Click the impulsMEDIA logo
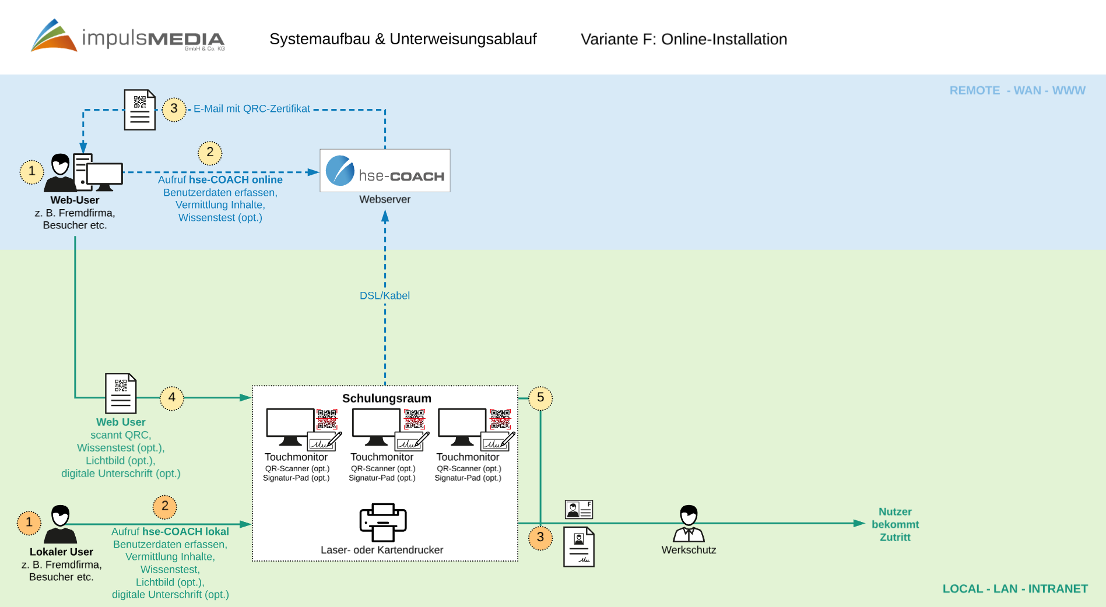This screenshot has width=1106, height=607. point(128,36)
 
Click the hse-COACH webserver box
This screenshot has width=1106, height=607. point(385,171)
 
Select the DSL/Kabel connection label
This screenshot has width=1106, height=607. point(385,296)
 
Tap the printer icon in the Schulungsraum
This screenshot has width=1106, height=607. point(383,522)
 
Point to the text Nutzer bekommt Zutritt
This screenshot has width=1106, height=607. point(895,524)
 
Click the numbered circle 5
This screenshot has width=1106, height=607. point(540,398)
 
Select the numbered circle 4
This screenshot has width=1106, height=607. point(171,398)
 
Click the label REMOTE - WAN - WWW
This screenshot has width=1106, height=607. point(1017,91)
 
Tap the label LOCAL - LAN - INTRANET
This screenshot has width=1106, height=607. point(1015,589)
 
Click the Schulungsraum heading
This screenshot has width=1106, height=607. point(387,398)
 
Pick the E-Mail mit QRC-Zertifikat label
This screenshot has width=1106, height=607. point(252,109)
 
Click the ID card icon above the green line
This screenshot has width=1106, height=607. point(579,510)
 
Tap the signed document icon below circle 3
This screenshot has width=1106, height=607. point(579,547)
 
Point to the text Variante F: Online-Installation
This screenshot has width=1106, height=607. point(684,39)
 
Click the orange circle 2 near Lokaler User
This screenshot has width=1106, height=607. point(165,506)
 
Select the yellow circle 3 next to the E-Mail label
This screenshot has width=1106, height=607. point(174,109)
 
